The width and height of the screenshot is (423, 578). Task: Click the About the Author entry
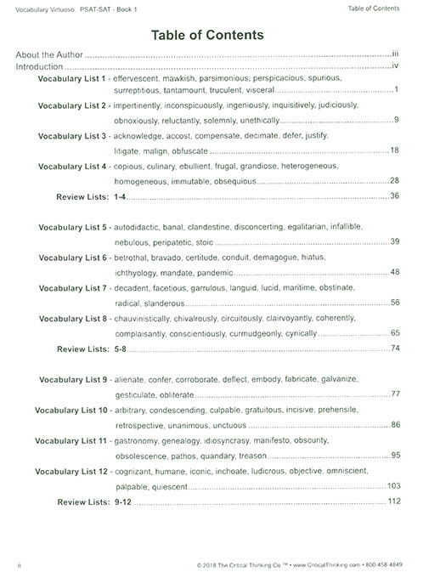point(50,54)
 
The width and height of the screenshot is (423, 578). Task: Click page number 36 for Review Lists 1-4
point(394,196)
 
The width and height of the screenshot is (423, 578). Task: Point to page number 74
point(394,349)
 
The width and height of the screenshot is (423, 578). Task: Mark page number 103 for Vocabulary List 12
point(392,485)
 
